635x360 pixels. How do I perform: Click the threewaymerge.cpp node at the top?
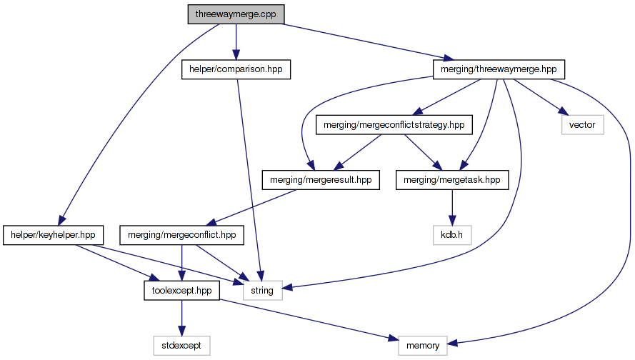(x=235, y=14)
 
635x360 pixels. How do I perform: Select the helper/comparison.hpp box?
(x=236, y=69)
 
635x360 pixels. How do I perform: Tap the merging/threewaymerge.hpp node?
(x=499, y=69)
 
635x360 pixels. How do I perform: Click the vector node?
(x=581, y=125)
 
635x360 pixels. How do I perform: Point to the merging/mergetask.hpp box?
(x=452, y=179)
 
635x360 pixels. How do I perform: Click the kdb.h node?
(x=452, y=235)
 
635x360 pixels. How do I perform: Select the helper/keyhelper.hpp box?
(x=54, y=235)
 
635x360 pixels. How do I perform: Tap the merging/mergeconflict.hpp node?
(x=183, y=235)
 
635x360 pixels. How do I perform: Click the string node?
(x=263, y=291)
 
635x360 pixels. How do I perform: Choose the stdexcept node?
(x=181, y=346)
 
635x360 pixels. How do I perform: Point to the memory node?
(x=423, y=346)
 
